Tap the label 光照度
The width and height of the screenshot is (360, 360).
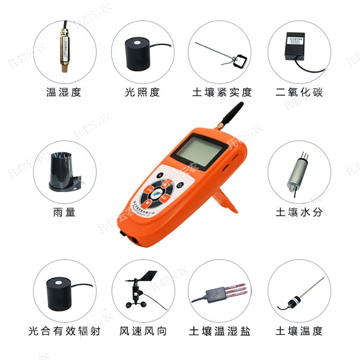point(142,92)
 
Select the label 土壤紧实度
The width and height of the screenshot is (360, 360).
point(221,92)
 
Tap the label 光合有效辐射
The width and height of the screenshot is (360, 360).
point(64,331)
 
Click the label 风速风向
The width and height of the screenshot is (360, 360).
point(142,331)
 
